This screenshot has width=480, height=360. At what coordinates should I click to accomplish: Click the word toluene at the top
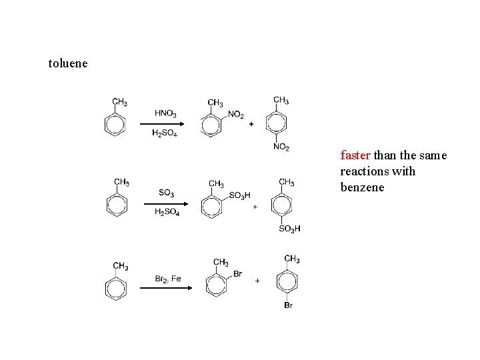point(68,64)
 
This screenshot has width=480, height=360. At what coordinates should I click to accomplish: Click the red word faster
point(355,156)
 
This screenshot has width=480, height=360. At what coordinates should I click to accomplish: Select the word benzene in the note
point(362,187)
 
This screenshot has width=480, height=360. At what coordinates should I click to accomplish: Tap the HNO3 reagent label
point(165,113)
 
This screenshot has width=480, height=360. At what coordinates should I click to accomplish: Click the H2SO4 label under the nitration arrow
point(165,133)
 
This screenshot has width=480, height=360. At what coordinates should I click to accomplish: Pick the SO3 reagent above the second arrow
point(167,193)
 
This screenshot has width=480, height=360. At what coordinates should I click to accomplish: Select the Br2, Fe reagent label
point(168,279)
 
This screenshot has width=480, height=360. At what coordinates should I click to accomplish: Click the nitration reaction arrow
point(165,124)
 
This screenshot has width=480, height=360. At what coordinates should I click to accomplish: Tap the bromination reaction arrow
point(165,288)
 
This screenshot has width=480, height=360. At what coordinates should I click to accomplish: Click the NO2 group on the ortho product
point(236,115)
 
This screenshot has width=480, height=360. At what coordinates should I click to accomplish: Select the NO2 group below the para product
point(281,147)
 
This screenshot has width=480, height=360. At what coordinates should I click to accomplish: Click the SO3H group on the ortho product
point(239,195)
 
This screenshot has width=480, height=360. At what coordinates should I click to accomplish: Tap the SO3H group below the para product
point(289,229)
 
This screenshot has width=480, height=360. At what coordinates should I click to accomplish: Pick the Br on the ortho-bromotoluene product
point(238,274)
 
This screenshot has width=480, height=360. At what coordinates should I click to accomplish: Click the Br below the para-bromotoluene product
point(289,305)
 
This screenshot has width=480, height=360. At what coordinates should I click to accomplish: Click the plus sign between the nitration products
point(251,125)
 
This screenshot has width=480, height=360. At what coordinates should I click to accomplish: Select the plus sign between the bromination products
point(257,281)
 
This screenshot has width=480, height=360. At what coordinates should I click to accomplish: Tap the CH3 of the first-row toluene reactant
point(119,103)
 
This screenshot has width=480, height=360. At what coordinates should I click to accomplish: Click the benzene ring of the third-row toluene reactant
point(116,289)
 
